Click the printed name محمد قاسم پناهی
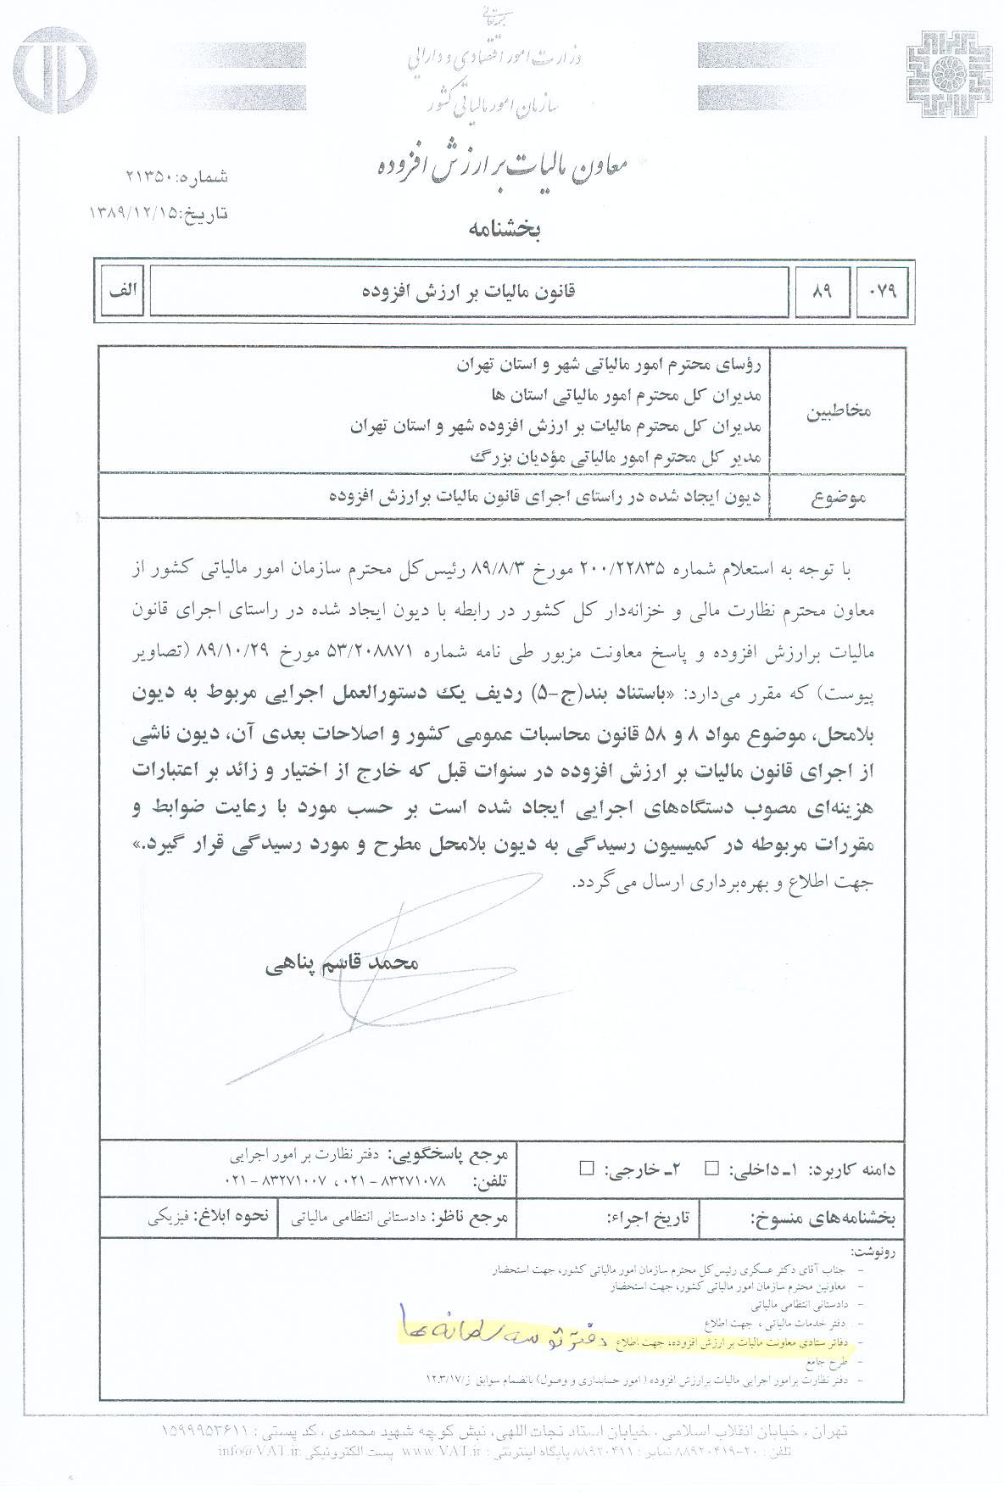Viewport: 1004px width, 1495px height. click(354, 964)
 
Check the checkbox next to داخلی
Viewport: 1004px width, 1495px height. click(712, 1169)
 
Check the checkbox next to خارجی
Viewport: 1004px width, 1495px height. click(585, 1169)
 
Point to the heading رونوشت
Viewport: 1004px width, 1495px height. click(874, 1252)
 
